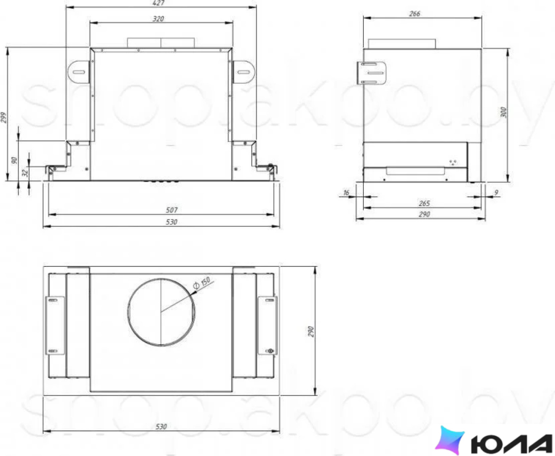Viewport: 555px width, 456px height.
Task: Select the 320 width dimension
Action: (158, 19)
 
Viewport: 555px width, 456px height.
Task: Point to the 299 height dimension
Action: (4, 118)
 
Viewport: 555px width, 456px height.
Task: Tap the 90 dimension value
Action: (15, 160)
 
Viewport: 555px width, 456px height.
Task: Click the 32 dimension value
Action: (25, 173)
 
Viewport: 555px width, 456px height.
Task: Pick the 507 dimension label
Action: (172, 210)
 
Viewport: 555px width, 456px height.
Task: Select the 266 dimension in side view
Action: (414, 14)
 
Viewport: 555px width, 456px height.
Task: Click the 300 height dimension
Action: (504, 112)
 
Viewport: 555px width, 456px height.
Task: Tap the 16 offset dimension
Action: (346, 193)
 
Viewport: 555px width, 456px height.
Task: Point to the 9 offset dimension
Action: (496, 193)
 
